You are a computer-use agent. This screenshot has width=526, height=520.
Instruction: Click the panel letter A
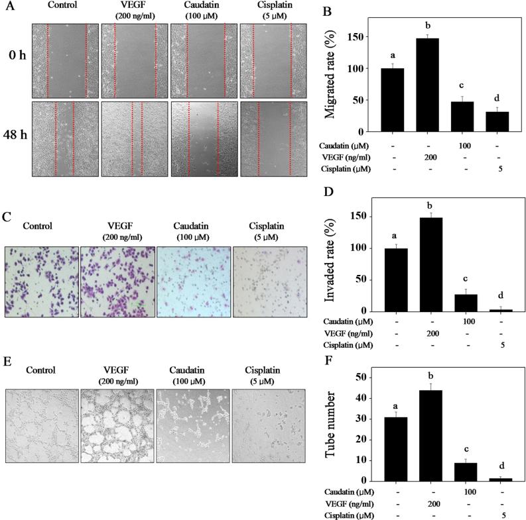pos(9,9)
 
